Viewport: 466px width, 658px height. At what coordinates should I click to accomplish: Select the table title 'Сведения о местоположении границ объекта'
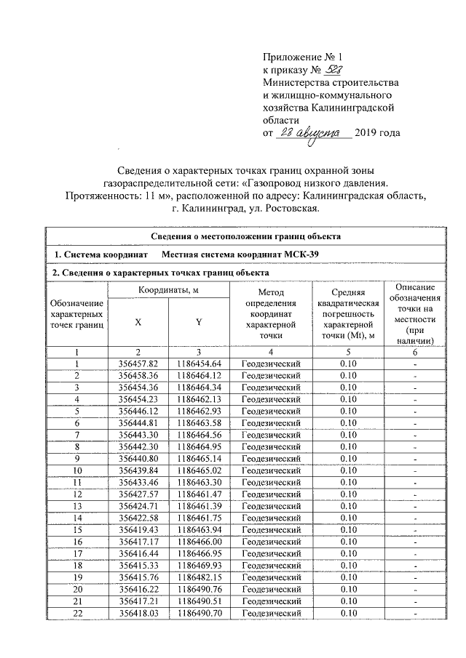245,236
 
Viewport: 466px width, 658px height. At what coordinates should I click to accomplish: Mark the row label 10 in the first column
76,471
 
